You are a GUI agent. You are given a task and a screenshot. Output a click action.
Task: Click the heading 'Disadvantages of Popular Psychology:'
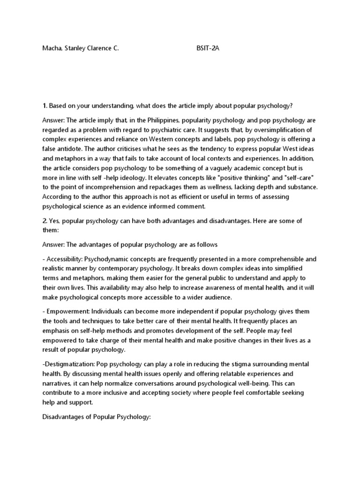(96, 416)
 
